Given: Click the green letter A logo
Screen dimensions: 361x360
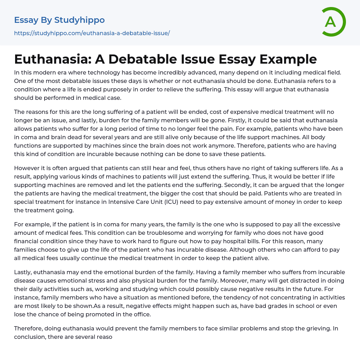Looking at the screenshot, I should [x=333, y=22].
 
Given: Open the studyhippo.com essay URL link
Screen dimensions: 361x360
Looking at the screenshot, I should [x=92, y=33].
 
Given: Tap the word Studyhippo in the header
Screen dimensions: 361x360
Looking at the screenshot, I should [x=79, y=20].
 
